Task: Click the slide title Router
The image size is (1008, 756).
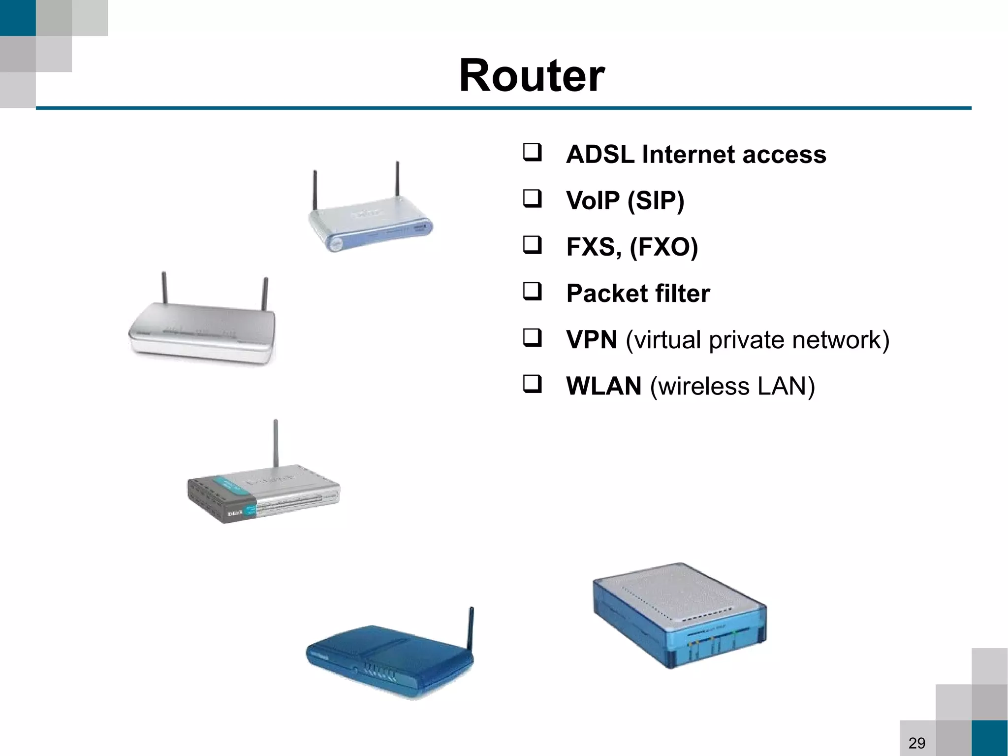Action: click(532, 76)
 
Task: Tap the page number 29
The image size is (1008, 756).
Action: click(916, 742)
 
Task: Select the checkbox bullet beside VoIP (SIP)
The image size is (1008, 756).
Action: click(532, 198)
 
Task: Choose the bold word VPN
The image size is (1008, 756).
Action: click(591, 340)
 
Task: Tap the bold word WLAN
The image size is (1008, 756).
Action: click(603, 386)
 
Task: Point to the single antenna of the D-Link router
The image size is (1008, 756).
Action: click(276, 443)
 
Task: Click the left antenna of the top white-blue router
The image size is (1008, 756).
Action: click(315, 190)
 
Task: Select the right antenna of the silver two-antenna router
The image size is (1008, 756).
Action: click(265, 294)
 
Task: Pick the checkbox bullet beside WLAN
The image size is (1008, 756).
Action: click(532, 384)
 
